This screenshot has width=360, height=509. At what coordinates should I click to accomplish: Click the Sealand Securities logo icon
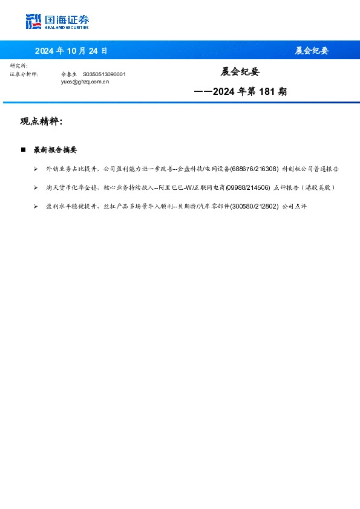point(33,21)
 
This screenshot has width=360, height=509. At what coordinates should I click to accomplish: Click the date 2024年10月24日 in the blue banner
point(71,51)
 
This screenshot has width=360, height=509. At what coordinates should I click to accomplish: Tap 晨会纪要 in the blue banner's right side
point(311,51)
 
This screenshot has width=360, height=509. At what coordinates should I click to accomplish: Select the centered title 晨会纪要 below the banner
point(240,72)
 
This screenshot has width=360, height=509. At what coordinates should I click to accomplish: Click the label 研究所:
point(19,65)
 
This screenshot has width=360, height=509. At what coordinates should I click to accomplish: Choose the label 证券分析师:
point(24,74)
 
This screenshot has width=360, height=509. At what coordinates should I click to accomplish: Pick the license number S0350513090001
point(104,74)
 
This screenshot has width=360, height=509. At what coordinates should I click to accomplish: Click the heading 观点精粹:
point(41,122)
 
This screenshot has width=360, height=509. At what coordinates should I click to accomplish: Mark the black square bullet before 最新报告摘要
point(24,149)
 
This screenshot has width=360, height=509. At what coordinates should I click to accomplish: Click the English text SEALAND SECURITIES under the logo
point(67,28)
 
